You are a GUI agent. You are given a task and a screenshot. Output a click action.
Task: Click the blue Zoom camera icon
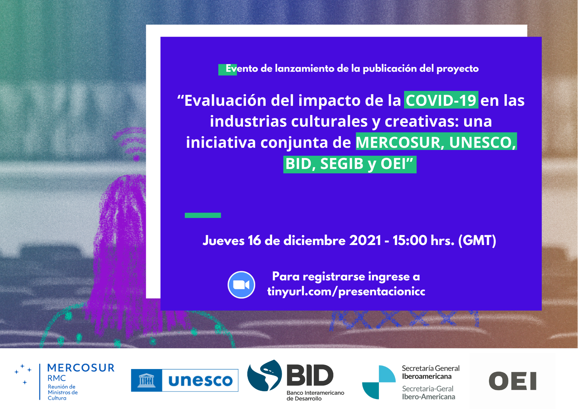pyautogui.click(x=241, y=285)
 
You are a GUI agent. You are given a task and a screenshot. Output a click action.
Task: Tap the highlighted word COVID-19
pyautogui.click(x=441, y=100)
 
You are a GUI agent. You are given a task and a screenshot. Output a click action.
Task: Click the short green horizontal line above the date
pyautogui.click(x=203, y=215)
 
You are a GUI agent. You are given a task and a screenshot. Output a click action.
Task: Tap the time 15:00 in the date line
pyautogui.click(x=410, y=240)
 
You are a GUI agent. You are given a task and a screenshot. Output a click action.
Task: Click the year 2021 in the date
pyautogui.click(x=365, y=240)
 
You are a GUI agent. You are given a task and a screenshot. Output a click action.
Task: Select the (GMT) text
pyautogui.click(x=477, y=240)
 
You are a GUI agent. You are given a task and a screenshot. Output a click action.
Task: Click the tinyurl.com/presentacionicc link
pyautogui.click(x=346, y=291)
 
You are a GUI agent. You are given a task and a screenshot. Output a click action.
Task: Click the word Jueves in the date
pyautogui.click(x=224, y=240)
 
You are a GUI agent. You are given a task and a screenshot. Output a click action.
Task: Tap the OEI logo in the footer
pyautogui.click(x=513, y=381)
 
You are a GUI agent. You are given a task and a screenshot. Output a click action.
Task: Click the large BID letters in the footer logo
pyautogui.click(x=310, y=375)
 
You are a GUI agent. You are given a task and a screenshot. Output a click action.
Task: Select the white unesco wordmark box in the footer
pyautogui.click(x=200, y=381)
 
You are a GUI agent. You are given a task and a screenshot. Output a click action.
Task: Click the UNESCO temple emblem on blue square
pyautogui.click(x=146, y=381)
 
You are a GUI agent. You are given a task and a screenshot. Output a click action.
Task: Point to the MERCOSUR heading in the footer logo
pyautogui.click(x=81, y=368)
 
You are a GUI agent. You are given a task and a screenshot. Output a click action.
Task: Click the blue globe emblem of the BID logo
pyautogui.click(x=265, y=376)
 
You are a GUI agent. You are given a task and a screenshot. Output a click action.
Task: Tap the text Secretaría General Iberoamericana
pyautogui.click(x=431, y=372)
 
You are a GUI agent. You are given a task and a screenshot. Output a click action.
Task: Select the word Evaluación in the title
pyautogui.click(x=225, y=100)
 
